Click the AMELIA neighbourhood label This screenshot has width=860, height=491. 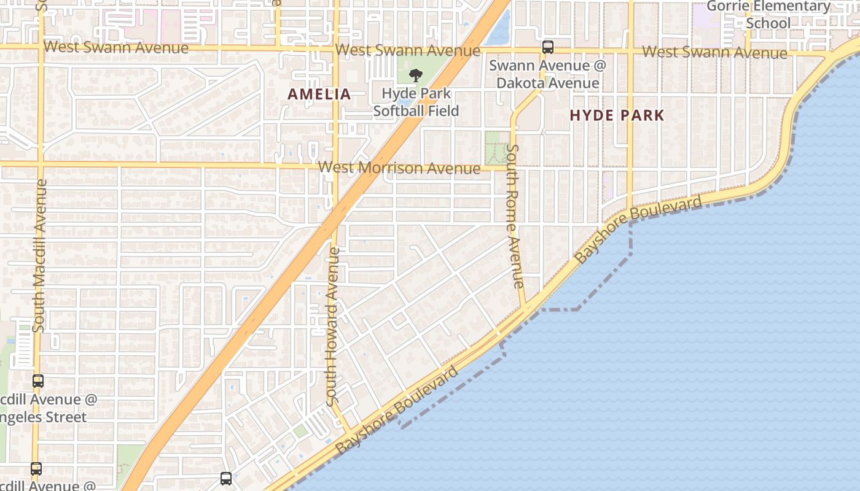pos(319,94)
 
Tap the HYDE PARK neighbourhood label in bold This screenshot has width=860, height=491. pos(617,115)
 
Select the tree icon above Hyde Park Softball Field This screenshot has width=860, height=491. pos(416,75)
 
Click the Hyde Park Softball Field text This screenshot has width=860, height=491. pos(416,102)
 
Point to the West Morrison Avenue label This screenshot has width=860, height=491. pos(399,168)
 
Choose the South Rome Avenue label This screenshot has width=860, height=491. pos(515,216)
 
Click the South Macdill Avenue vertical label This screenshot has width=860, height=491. pos(39,255)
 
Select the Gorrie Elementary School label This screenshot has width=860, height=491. pos(768,15)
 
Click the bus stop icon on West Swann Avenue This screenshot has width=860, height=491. pos(547,47)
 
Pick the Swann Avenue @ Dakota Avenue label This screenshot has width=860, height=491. pos(547,74)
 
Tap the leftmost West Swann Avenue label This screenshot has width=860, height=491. pos(116,47)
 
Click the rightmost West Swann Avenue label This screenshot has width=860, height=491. pos(714,52)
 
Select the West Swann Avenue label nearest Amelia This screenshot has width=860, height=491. pos(408,50)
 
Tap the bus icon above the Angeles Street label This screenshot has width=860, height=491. pos(38,381)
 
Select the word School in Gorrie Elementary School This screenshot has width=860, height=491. pos(768,23)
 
